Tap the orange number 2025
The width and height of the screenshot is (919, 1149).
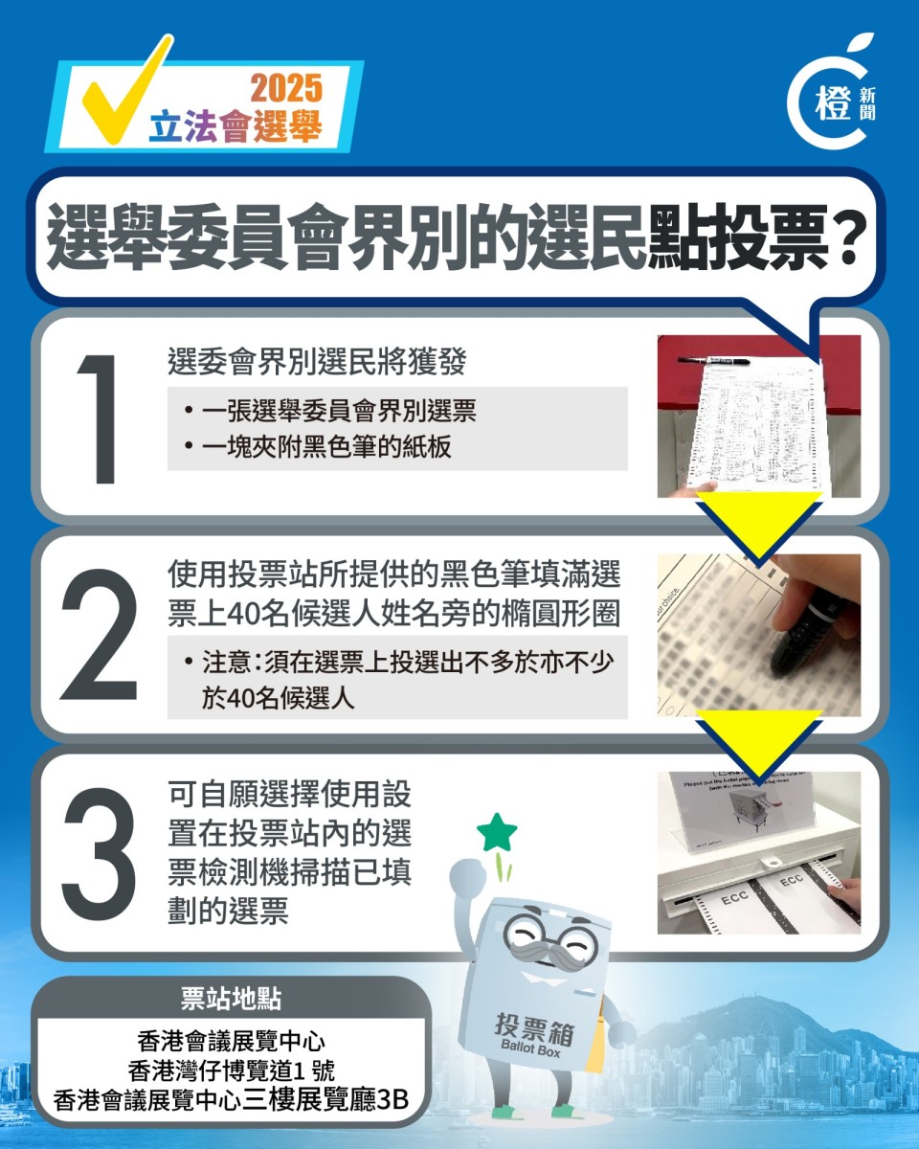(286, 88)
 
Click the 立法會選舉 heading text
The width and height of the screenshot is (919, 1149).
(235, 128)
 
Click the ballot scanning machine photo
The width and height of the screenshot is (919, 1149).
(758, 852)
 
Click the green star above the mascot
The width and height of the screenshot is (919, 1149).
(497, 833)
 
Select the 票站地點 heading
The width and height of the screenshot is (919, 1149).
(231, 999)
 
